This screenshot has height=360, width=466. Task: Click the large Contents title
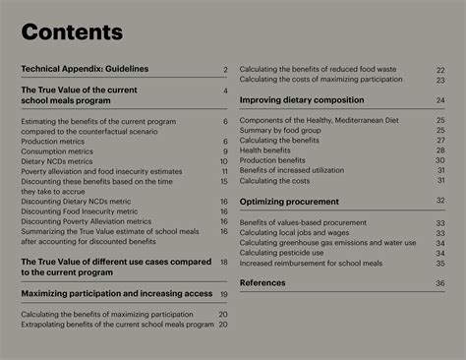click(x=72, y=32)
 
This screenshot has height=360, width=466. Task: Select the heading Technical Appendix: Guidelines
click(x=85, y=69)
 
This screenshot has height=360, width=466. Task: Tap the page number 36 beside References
click(x=439, y=283)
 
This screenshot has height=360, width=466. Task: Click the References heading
click(x=262, y=282)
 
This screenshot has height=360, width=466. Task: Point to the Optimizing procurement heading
click(x=289, y=201)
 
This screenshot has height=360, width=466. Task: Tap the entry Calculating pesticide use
click(x=286, y=253)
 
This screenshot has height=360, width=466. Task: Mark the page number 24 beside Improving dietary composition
click(x=440, y=100)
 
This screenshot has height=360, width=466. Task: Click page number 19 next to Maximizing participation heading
click(x=224, y=294)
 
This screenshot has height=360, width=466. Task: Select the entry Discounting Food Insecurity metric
click(x=80, y=211)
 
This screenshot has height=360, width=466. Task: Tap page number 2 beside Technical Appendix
click(x=225, y=70)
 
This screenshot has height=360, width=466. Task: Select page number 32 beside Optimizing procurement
click(x=440, y=201)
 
